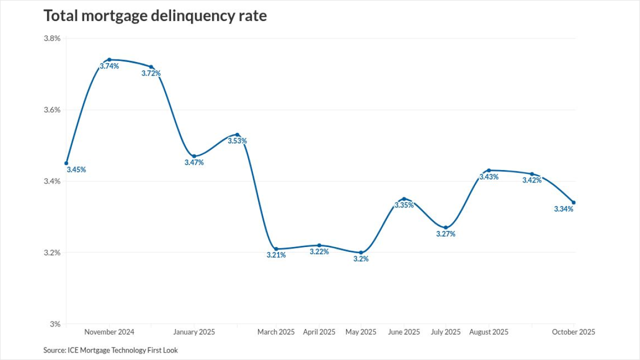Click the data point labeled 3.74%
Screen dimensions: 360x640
pyautogui.click(x=109, y=59)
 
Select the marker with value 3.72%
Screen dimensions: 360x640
pyautogui.click(x=151, y=67)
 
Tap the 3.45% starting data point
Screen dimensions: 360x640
pyautogui.click(x=66, y=163)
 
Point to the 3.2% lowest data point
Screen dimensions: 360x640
pyautogui.click(x=361, y=252)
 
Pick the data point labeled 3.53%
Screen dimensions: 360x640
pyautogui.click(x=237, y=134)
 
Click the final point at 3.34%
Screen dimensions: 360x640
pyautogui.click(x=573, y=202)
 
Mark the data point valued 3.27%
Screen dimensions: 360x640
pyautogui.click(x=445, y=227)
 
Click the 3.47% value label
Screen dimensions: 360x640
pyautogui.click(x=194, y=162)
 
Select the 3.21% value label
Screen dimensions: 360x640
pyautogui.click(x=276, y=255)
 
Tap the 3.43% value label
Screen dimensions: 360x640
pyautogui.click(x=489, y=177)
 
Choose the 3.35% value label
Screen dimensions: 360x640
pyautogui.click(x=404, y=205)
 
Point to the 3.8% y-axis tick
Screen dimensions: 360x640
pyautogui.click(x=52, y=38)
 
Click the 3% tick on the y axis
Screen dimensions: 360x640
pyautogui.click(x=55, y=324)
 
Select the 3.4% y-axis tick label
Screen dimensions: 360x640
pyautogui.click(x=52, y=181)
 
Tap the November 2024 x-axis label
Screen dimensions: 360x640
pyautogui.click(x=109, y=332)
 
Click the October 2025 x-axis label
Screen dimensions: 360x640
pyautogui.click(x=573, y=332)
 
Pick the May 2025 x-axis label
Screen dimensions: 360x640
pyautogui.click(x=361, y=332)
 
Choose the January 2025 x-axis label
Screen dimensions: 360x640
pyautogui.click(x=194, y=332)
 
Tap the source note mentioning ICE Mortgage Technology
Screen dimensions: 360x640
pyautogui.click(x=110, y=350)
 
